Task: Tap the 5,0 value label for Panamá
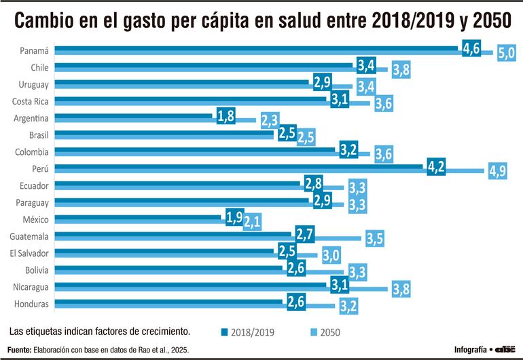click(x=506, y=53)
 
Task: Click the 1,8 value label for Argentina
click(x=226, y=116)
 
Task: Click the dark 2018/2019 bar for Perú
click(x=238, y=166)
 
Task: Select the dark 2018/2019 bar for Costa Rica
click(x=190, y=99)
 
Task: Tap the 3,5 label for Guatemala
click(x=374, y=238)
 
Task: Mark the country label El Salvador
click(x=31, y=253)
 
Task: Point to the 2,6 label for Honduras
click(x=295, y=303)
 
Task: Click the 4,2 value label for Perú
click(x=436, y=166)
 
